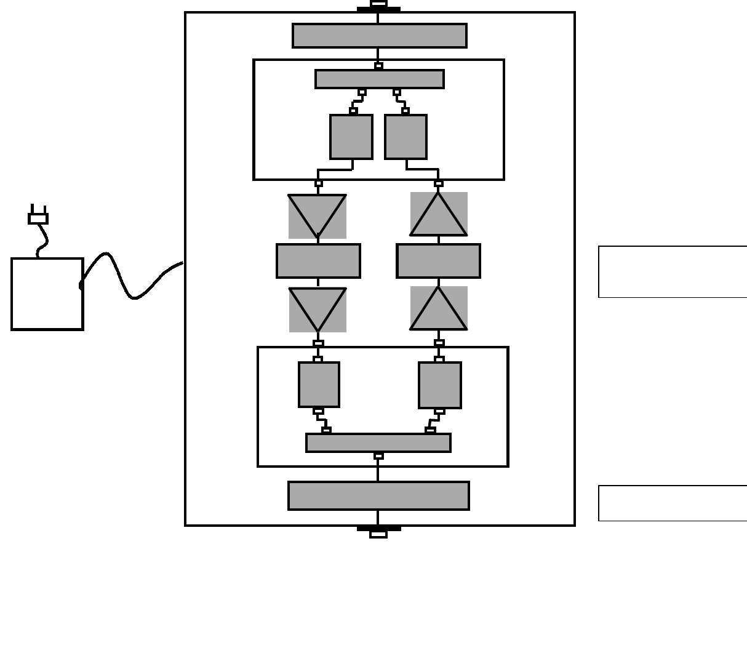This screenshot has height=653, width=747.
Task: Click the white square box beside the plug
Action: (47, 294)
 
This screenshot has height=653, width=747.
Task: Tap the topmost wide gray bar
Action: (379, 36)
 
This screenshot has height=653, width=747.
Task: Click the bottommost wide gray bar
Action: (378, 495)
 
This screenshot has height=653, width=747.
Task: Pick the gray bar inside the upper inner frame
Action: (379, 79)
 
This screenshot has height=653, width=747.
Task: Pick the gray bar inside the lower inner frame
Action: (378, 443)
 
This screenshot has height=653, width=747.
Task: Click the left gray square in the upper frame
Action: (351, 137)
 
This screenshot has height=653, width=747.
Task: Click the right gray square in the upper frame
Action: (405, 137)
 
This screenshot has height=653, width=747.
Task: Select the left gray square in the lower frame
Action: (319, 385)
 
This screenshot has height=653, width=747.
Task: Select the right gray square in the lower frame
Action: (439, 385)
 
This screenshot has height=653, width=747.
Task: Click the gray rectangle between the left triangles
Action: (318, 261)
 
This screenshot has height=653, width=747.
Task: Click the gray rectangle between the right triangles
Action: (438, 261)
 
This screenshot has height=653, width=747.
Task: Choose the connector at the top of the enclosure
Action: (378, 6)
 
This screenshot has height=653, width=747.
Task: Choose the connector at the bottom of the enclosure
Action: (378, 532)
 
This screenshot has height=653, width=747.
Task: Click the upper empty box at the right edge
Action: (673, 271)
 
